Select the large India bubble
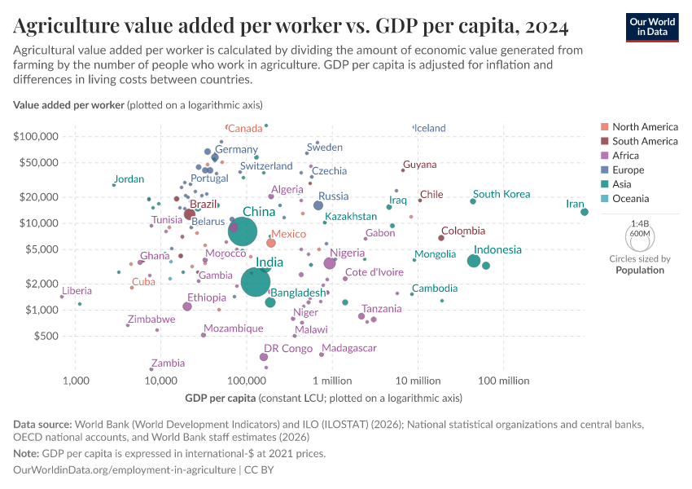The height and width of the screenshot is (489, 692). pyautogui.click(x=256, y=282)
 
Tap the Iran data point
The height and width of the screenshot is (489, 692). pyautogui.click(x=585, y=212)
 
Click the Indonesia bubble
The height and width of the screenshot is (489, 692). pyautogui.click(x=474, y=261)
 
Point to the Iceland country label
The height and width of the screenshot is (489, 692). pyautogui.click(x=430, y=128)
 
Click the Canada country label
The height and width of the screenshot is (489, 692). pyautogui.click(x=245, y=128)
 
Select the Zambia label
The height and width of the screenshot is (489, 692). pyautogui.click(x=168, y=363)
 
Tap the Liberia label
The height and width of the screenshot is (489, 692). pyautogui.click(x=77, y=290)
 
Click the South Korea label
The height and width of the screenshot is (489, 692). pyautogui.click(x=501, y=194)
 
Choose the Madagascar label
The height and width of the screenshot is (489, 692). pyautogui.click(x=349, y=348)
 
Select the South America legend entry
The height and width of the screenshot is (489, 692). pyautogui.click(x=645, y=141)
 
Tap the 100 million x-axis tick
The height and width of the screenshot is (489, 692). pyautogui.click(x=504, y=381)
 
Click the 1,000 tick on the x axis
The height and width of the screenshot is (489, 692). pyautogui.click(x=76, y=381)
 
